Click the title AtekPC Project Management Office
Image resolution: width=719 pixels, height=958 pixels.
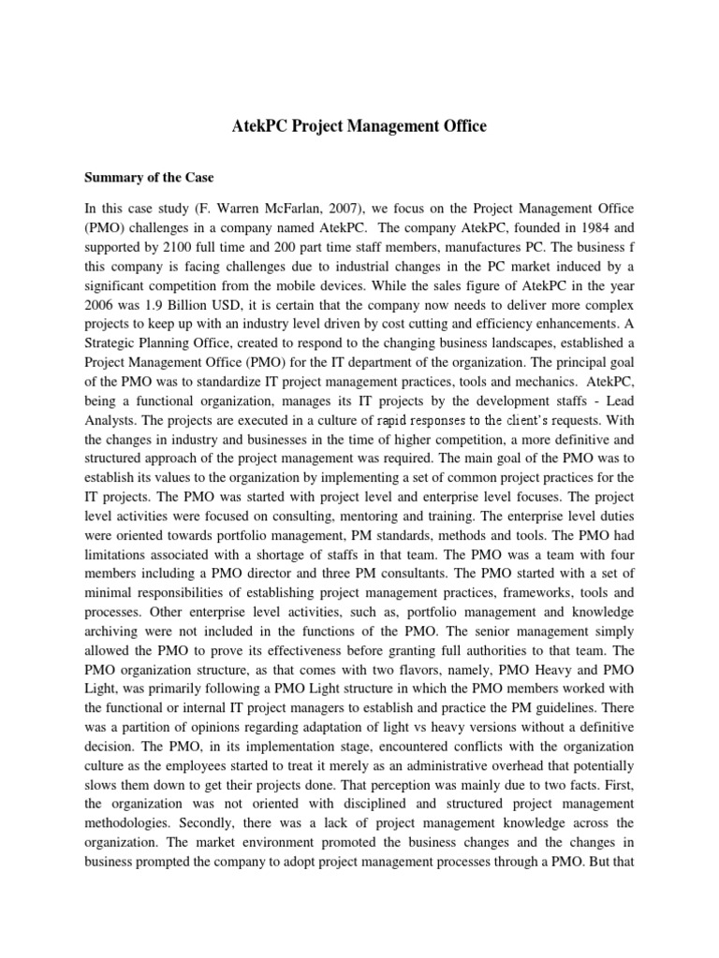[359, 126]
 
